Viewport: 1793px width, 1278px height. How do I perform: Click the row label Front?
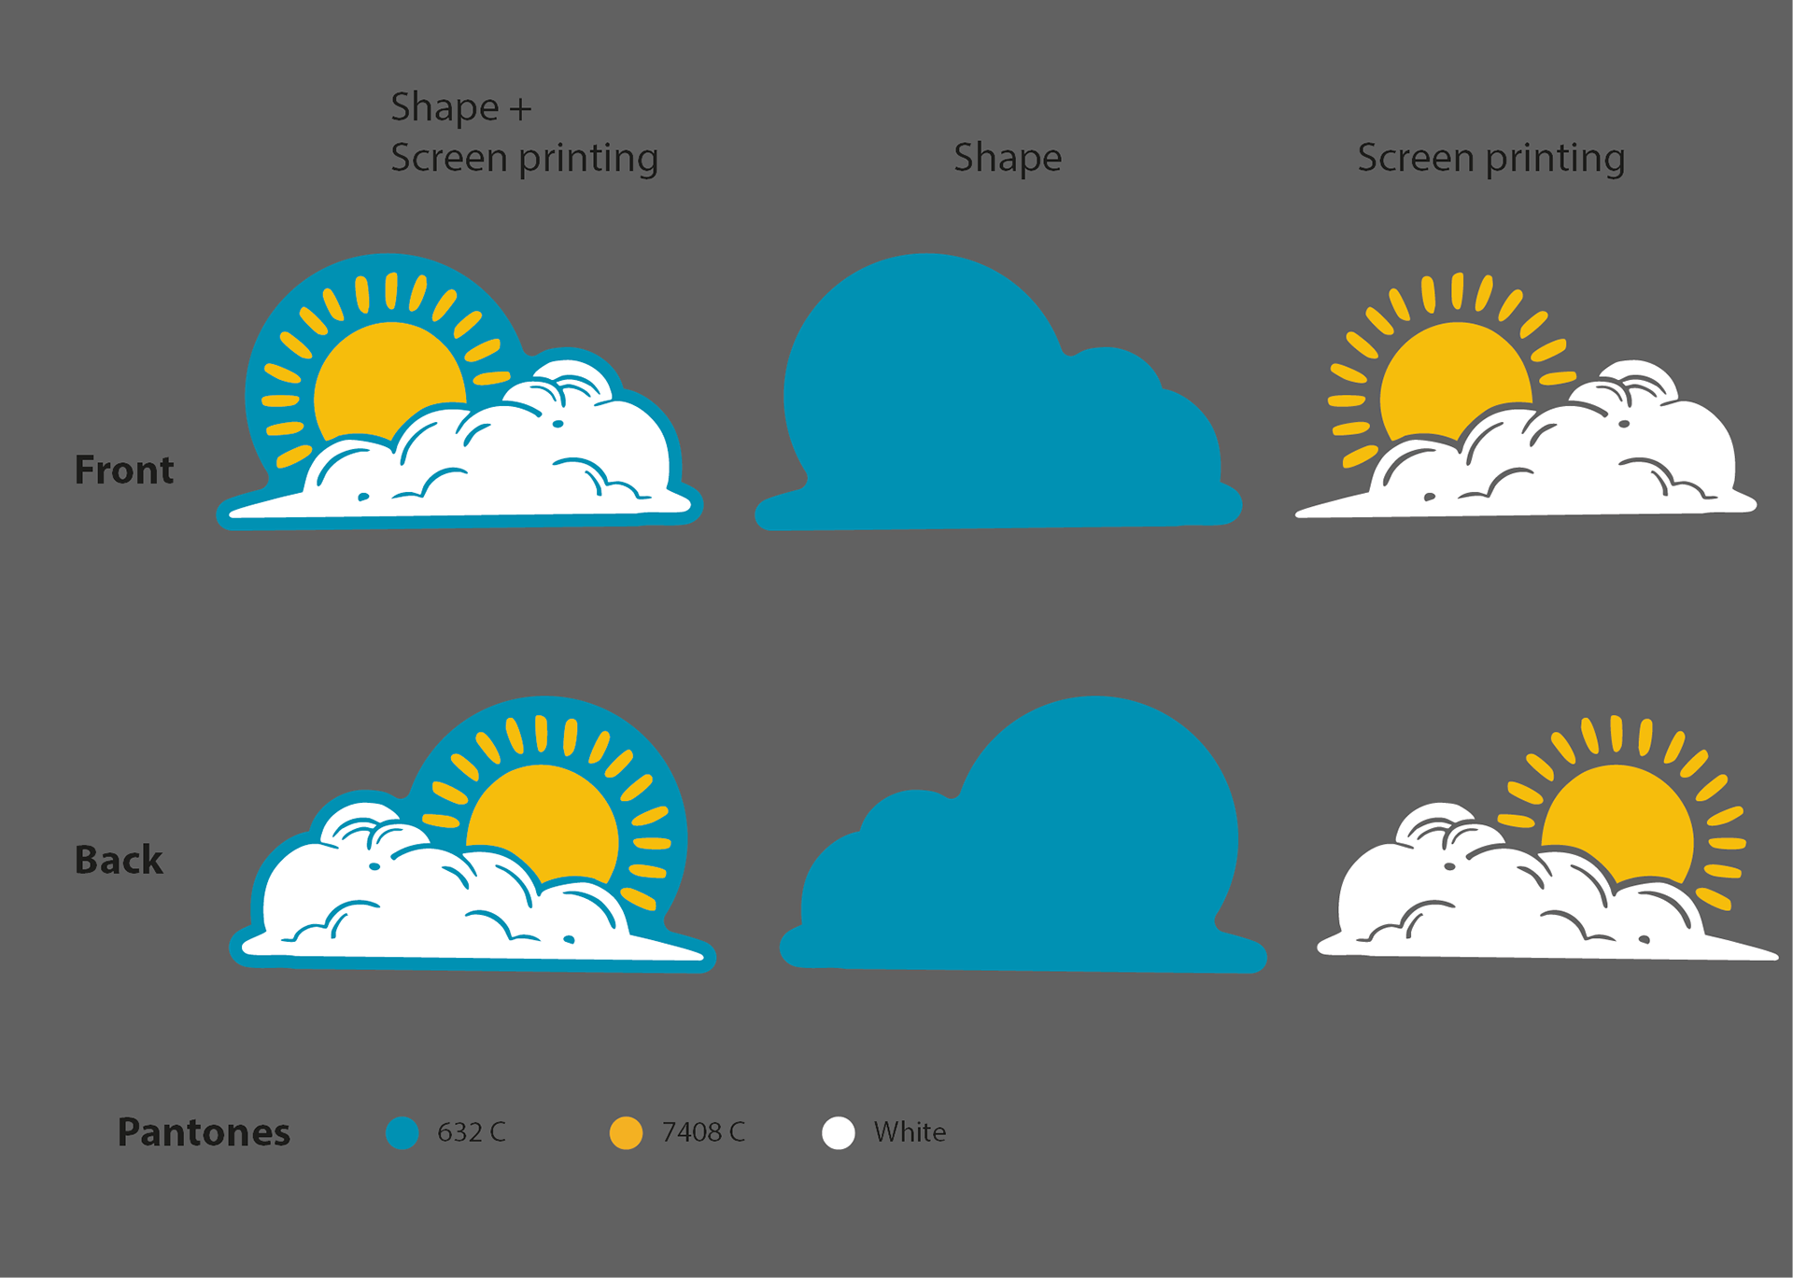point(124,470)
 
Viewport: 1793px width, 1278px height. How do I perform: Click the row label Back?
point(119,860)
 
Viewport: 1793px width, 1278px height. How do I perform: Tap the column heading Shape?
point(1007,158)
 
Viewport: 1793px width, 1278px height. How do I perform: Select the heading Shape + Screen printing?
point(524,133)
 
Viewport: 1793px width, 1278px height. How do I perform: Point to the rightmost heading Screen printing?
point(1490,158)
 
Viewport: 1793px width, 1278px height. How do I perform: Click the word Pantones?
point(204,1131)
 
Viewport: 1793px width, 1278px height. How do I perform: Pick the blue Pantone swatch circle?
point(402,1132)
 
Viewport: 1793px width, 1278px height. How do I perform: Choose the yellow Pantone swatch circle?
point(626,1132)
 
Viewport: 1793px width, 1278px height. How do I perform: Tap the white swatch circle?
point(838,1132)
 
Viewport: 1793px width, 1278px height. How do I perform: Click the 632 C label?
point(471,1132)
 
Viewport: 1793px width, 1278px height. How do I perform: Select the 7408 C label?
point(703,1132)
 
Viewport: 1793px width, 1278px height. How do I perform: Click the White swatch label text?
point(910,1132)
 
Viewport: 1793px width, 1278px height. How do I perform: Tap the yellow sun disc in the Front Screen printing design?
point(1447,373)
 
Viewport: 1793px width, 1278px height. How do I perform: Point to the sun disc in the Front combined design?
point(383,373)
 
